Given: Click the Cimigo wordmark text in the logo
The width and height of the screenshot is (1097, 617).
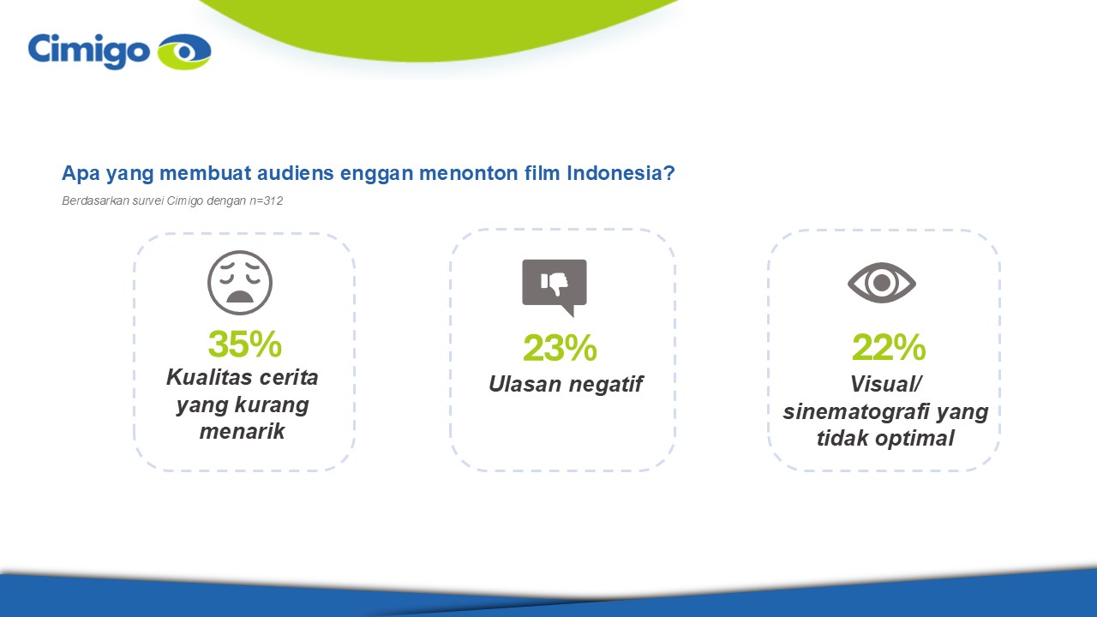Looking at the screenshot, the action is point(88,51).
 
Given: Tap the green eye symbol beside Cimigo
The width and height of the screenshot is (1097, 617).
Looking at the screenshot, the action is point(184,51).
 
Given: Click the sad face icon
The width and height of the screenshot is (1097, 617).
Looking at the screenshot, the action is point(240,283).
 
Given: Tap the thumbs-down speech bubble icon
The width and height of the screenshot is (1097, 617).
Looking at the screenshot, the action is point(554,288).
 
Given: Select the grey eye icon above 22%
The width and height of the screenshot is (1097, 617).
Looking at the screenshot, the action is point(882,283).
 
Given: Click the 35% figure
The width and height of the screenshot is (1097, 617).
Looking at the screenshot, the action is point(245,344).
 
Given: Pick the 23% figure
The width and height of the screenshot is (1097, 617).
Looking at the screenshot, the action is point(560,348).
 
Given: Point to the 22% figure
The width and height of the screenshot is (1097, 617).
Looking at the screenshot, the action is point(889,347).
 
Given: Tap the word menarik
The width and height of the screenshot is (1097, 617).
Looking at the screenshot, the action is point(242,431).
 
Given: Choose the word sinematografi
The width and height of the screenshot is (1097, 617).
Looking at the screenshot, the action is point(856,411).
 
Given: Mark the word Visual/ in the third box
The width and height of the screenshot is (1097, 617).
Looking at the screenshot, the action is point(886,384).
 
